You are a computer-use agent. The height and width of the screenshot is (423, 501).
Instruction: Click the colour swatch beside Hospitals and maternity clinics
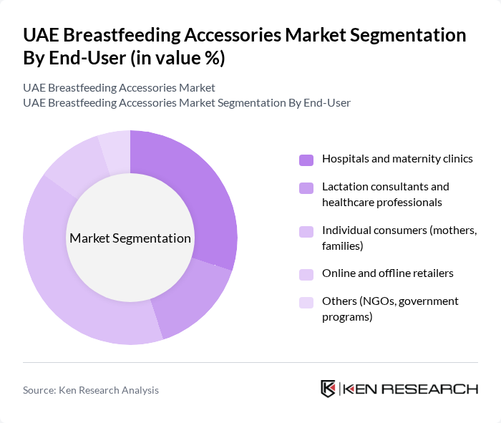pos(306,159)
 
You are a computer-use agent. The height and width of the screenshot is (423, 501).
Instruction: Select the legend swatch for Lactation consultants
pos(306,188)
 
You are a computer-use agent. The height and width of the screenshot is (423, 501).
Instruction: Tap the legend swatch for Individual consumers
pos(306,231)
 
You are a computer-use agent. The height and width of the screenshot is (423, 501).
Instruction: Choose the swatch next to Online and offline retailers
pos(306,274)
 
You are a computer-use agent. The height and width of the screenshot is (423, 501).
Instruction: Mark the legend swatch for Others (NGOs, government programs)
pos(306,302)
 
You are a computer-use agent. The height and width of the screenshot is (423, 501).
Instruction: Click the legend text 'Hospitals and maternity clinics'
pos(397,159)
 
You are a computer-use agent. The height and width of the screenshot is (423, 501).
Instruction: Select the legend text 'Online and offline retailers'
pos(388,273)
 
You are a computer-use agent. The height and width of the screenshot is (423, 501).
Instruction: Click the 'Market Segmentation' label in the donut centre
pos(130,238)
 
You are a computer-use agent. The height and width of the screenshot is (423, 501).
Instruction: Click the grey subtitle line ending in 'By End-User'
pos(187,103)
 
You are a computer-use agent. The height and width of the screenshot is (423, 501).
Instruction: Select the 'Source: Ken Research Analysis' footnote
pos(91,390)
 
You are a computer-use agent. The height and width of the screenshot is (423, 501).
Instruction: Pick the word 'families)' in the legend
pos(343,246)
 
